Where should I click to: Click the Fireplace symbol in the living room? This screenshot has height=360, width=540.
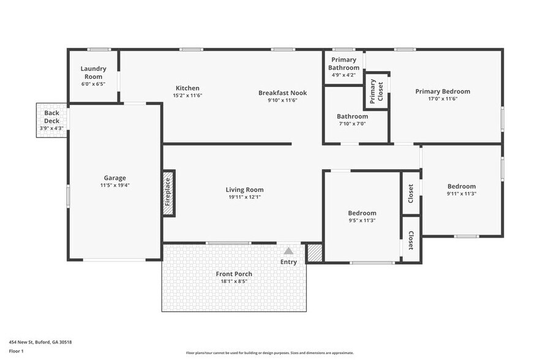(x=168, y=193)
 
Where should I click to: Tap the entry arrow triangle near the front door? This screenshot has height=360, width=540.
(x=288, y=250)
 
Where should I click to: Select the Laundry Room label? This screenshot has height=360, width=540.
(x=94, y=72)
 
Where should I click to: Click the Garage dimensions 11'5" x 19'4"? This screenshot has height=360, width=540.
(x=115, y=185)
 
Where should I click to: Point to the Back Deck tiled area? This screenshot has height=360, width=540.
(x=52, y=120)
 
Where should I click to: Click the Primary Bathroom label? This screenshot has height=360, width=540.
(x=343, y=64)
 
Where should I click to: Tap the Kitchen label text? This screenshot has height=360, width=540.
(x=187, y=88)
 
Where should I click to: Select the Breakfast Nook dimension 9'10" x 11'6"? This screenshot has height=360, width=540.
(x=282, y=100)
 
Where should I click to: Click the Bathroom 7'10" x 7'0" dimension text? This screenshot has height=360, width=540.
(x=352, y=123)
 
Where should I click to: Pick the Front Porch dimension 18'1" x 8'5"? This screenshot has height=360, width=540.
(x=234, y=281)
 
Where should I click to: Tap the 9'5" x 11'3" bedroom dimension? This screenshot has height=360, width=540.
(x=361, y=220)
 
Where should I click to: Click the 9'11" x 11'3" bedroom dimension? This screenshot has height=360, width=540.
(x=461, y=193)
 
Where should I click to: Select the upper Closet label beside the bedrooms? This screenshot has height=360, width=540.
(x=411, y=193)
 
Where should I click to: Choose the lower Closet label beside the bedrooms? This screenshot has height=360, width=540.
(x=411, y=241)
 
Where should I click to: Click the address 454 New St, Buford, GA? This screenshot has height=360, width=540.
(x=44, y=342)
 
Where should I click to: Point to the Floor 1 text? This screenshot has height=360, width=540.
(x=16, y=351)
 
